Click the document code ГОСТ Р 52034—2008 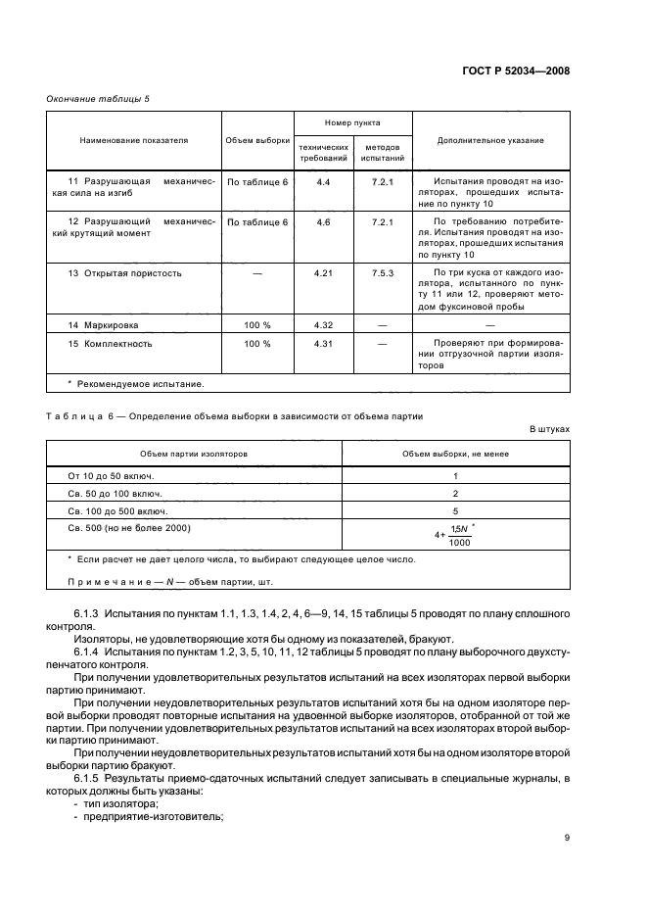point(517,71)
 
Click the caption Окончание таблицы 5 point(98,99)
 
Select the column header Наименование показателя point(134,140)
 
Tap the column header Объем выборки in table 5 point(257,140)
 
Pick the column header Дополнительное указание point(491,140)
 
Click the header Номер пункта point(353,123)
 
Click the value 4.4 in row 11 point(324,182)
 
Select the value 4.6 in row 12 point(324,222)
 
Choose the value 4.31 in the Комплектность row point(324,344)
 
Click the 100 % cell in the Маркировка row point(257,324)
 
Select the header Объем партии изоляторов point(194,454)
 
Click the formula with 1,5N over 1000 point(454,536)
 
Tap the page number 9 point(568,837)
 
